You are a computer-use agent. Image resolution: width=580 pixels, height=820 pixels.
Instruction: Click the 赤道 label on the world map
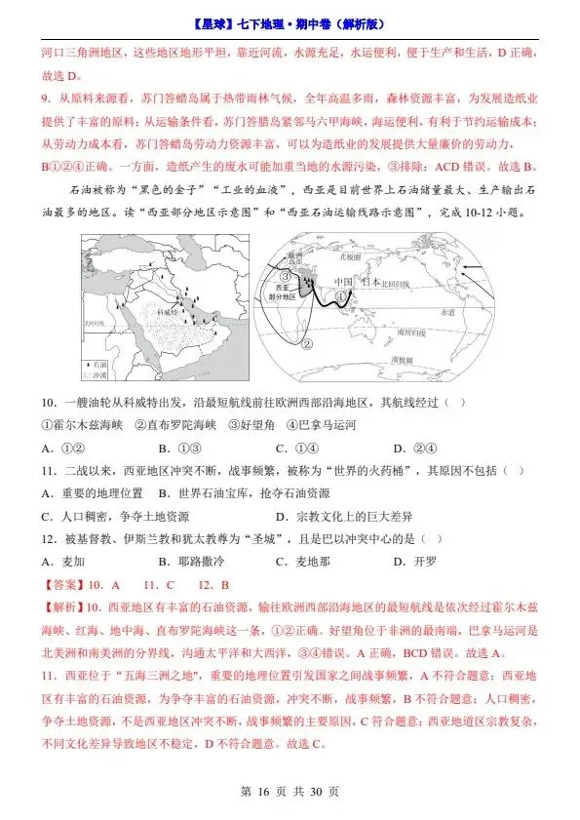[x=446, y=312]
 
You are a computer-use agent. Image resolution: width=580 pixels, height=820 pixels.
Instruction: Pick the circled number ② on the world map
[x=306, y=343]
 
